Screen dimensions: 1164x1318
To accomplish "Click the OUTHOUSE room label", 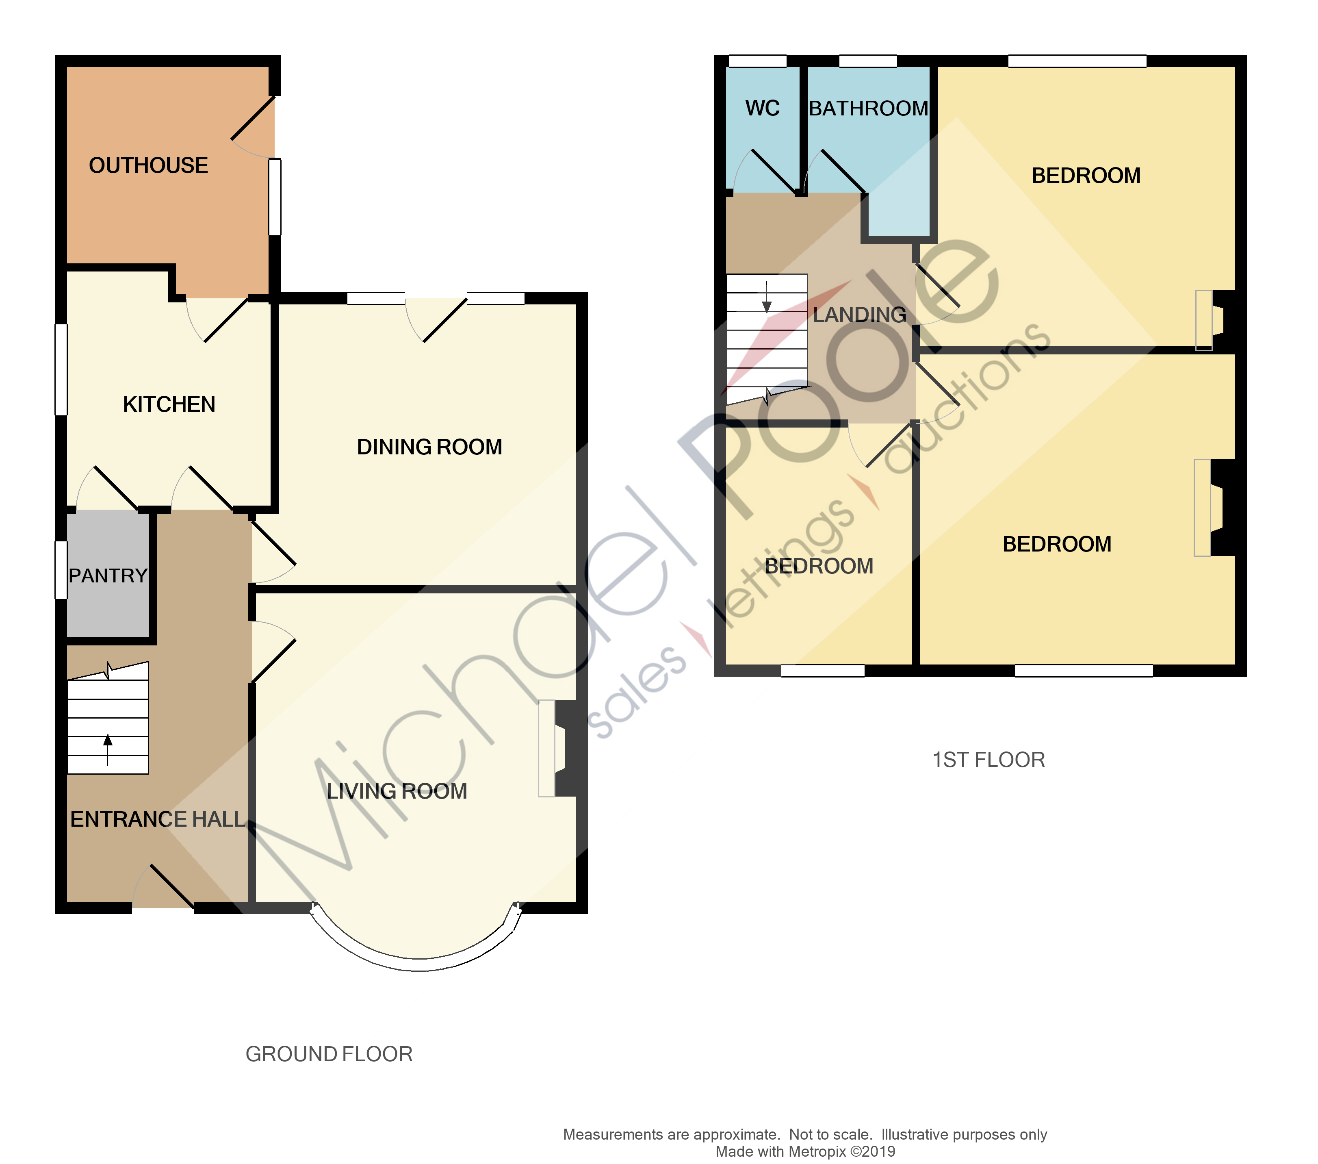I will click(148, 166).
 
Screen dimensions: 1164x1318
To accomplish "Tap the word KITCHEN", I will click(169, 404).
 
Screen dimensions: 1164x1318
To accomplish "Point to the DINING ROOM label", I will click(429, 447).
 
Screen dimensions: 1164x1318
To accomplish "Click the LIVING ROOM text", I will click(397, 791).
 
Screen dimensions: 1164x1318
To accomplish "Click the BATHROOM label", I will click(869, 109).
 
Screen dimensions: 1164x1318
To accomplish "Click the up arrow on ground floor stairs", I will click(108, 742).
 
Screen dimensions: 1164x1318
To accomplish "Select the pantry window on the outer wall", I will click(61, 570).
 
